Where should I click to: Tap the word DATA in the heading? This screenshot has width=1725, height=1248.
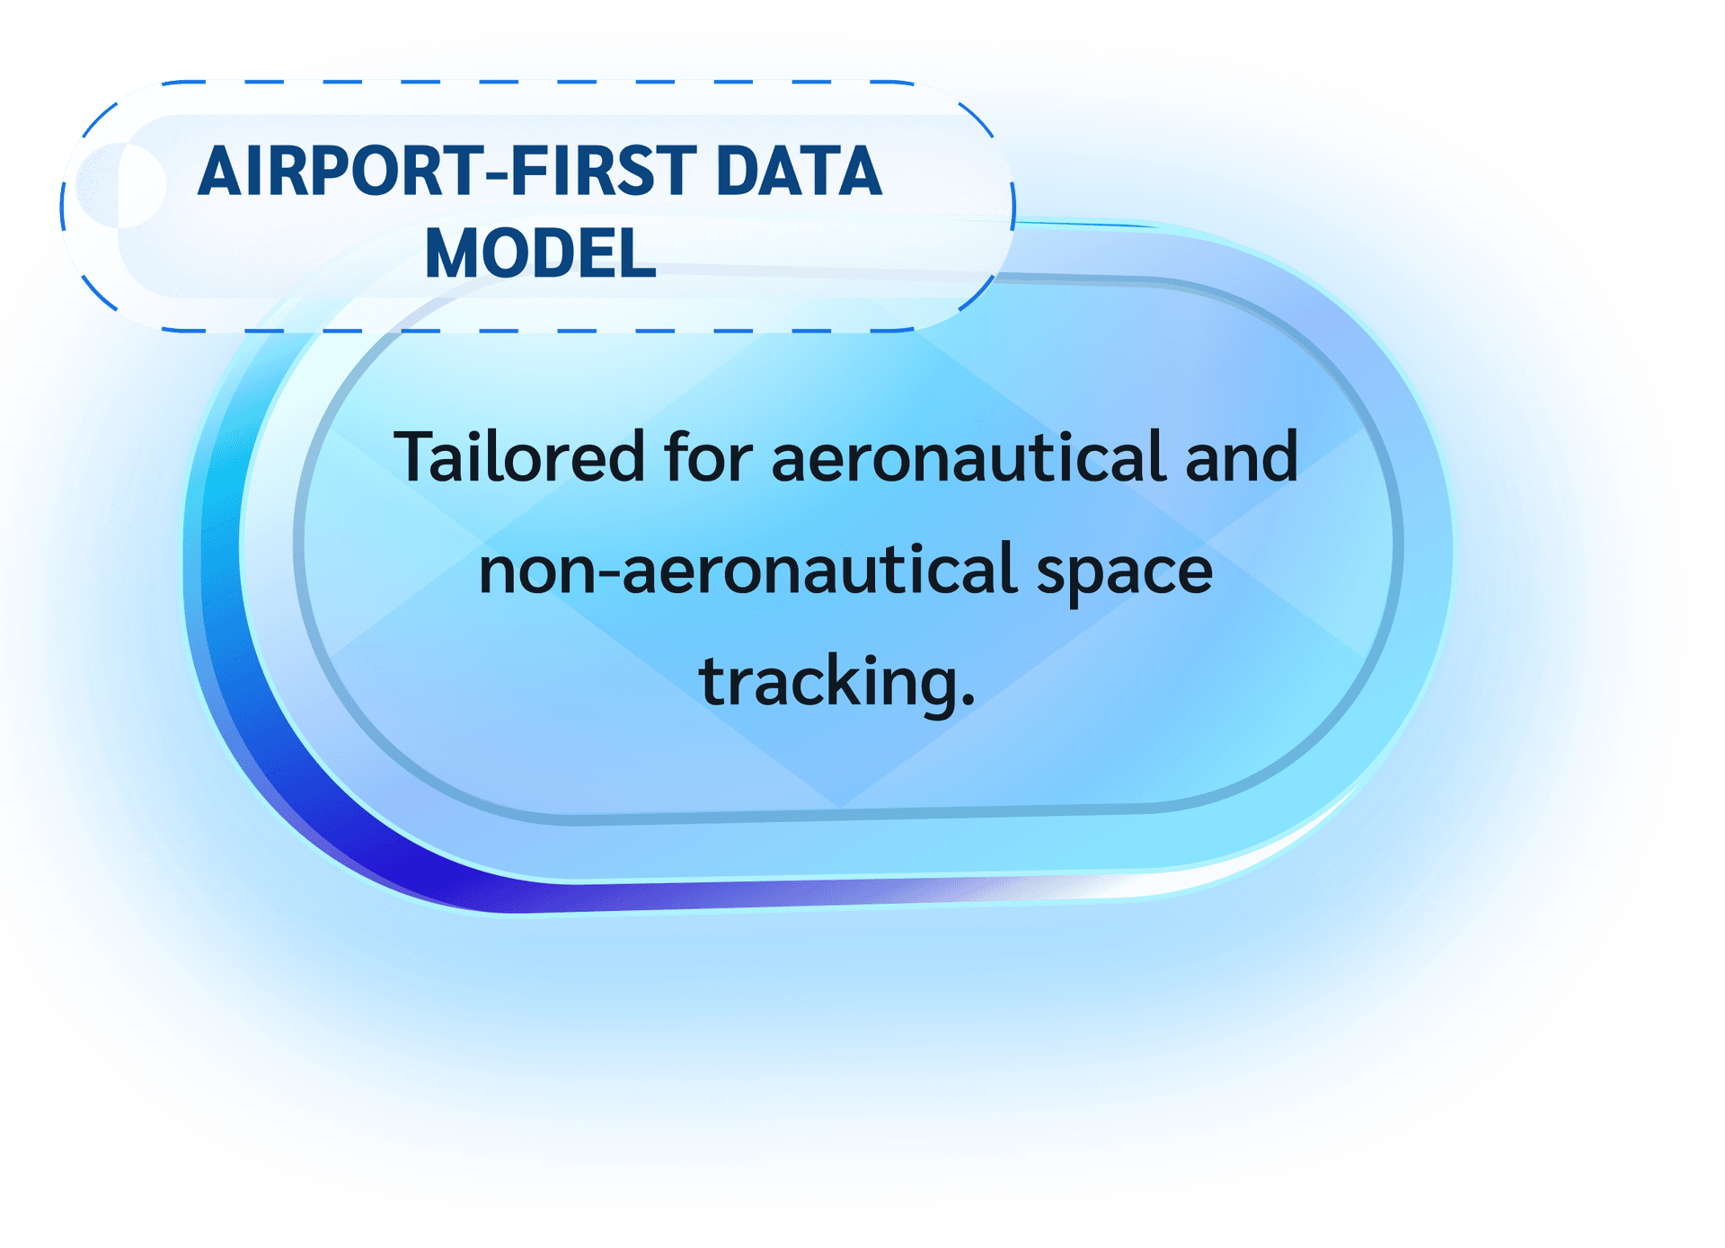pos(800,171)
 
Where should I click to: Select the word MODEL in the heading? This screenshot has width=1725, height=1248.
pos(540,253)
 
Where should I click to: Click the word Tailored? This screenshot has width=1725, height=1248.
pos(519,456)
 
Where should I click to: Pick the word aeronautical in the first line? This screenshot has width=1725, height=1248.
pos(969,456)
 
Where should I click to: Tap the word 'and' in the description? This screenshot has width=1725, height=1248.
pos(1242,456)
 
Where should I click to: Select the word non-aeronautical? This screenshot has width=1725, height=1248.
pos(748,569)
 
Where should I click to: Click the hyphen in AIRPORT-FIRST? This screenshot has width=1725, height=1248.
pos(496,176)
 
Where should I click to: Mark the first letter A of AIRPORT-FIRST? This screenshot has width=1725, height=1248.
pos(220,171)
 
